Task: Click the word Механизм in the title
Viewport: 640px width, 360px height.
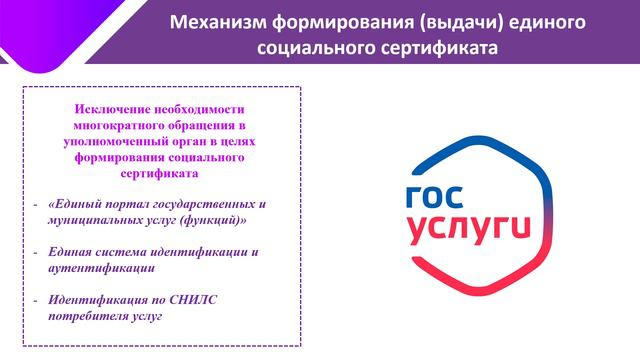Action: (213, 22)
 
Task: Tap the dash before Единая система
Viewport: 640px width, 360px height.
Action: (36, 252)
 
